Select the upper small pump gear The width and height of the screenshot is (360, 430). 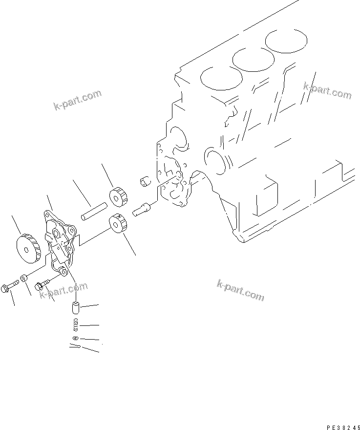(x=118, y=196)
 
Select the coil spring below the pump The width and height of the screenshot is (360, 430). (x=75, y=324)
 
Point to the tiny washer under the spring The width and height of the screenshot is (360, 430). (x=74, y=338)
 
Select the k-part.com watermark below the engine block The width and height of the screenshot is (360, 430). (x=240, y=289)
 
